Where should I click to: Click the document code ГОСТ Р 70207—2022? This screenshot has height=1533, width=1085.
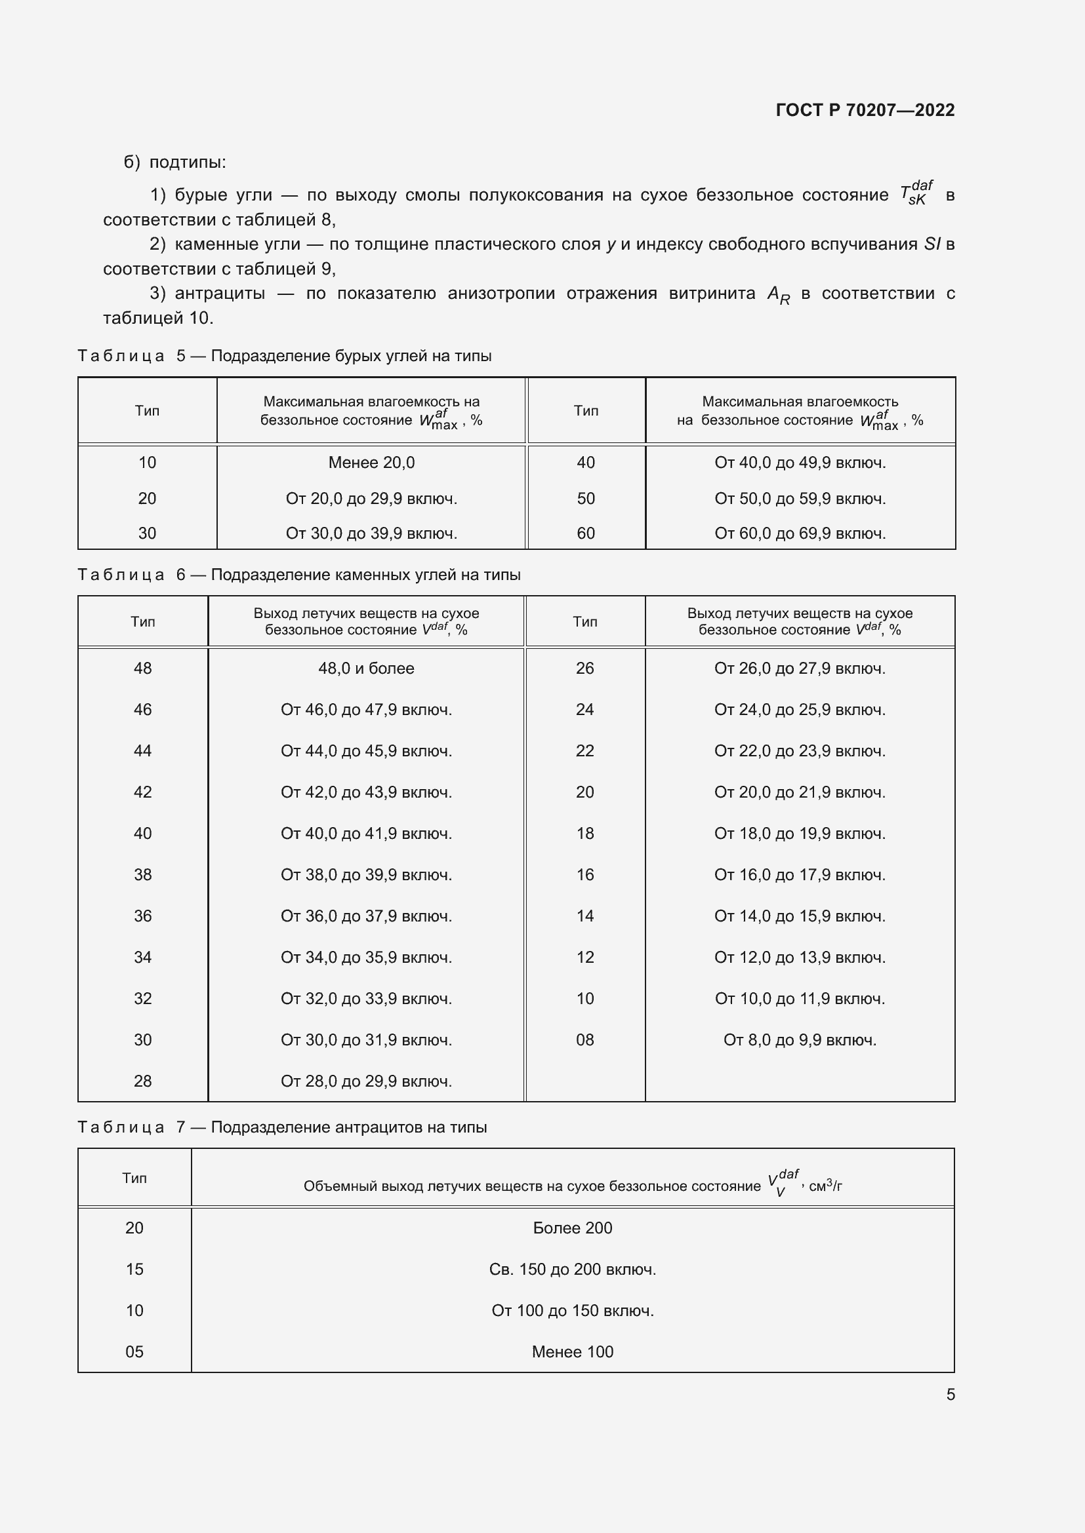[865, 110]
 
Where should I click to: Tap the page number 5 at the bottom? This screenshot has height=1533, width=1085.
[950, 1394]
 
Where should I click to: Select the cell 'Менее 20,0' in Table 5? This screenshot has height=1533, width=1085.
[371, 463]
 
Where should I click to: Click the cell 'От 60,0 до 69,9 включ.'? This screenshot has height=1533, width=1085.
[800, 534]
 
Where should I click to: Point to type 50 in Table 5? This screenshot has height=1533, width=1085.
[585, 499]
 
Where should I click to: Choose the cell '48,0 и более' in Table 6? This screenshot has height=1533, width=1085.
[366, 669]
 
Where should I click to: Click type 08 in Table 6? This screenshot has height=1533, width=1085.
[584, 1039]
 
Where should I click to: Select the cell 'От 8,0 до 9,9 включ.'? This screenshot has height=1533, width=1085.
[800, 1039]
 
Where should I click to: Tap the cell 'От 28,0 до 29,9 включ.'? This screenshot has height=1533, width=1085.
[366, 1081]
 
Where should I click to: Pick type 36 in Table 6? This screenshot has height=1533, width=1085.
[142, 916]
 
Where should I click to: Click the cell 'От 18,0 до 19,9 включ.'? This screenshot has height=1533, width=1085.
[800, 833]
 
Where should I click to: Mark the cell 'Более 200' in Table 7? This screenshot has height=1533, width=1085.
[572, 1228]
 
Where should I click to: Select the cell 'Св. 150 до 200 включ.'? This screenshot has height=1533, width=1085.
[572, 1270]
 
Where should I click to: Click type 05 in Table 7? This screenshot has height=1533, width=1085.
[134, 1352]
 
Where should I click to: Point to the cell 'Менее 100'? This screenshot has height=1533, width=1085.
[572, 1352]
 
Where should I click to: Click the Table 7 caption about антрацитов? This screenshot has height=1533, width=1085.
[282, 1127]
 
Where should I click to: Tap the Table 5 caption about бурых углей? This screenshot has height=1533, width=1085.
[285, 356]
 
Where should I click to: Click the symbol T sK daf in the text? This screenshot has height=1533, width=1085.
[916, 193]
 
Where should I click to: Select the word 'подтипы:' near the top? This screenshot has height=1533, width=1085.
[188, 163]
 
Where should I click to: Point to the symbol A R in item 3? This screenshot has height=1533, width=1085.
[778, 295]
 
